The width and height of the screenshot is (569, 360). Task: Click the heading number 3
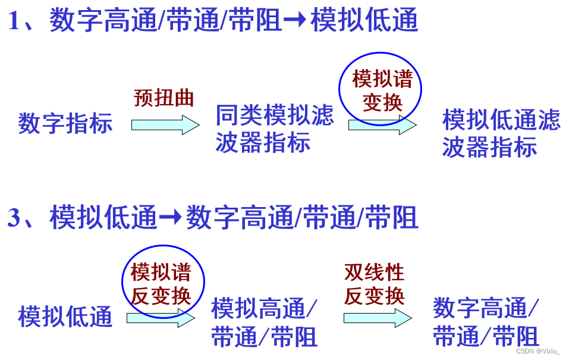click(x=14, y=218)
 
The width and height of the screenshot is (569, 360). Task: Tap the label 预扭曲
click(x=164, y=98)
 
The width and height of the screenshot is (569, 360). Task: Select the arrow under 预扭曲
click(x=165, y=125)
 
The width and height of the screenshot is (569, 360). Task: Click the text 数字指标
click(x=65, y=124)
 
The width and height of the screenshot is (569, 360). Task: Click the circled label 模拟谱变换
click(x=381, y=90)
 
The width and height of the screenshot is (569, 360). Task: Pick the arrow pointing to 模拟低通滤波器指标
click(x=382, y=125)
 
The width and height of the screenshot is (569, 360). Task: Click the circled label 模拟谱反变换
click(x=162, y=284)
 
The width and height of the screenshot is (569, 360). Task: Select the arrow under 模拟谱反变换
click(x=161, y=318)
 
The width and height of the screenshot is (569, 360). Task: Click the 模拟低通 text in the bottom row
click(x=65, y=316)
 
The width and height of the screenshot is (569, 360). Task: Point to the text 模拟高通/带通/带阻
click(x=265, y=323)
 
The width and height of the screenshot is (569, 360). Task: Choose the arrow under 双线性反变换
click(x=377, y=318)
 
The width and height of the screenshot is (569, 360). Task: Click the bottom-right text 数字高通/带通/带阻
click(x=486, y=323)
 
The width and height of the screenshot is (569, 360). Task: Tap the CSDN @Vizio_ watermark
click(x=537, y=351)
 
